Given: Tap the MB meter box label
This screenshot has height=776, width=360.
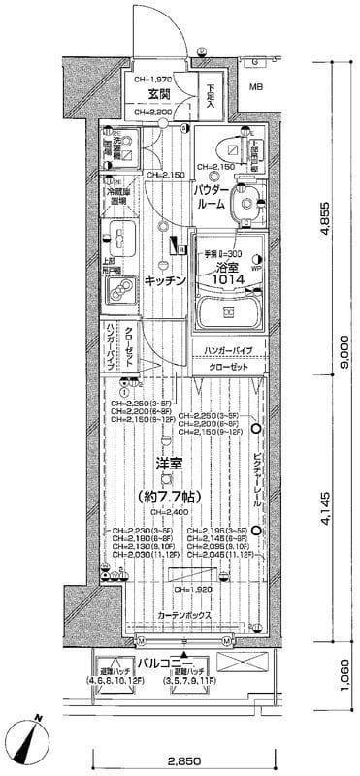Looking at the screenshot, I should tap(256, 87).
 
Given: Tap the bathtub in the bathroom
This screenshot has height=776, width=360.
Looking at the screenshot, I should tap(228, 312).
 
